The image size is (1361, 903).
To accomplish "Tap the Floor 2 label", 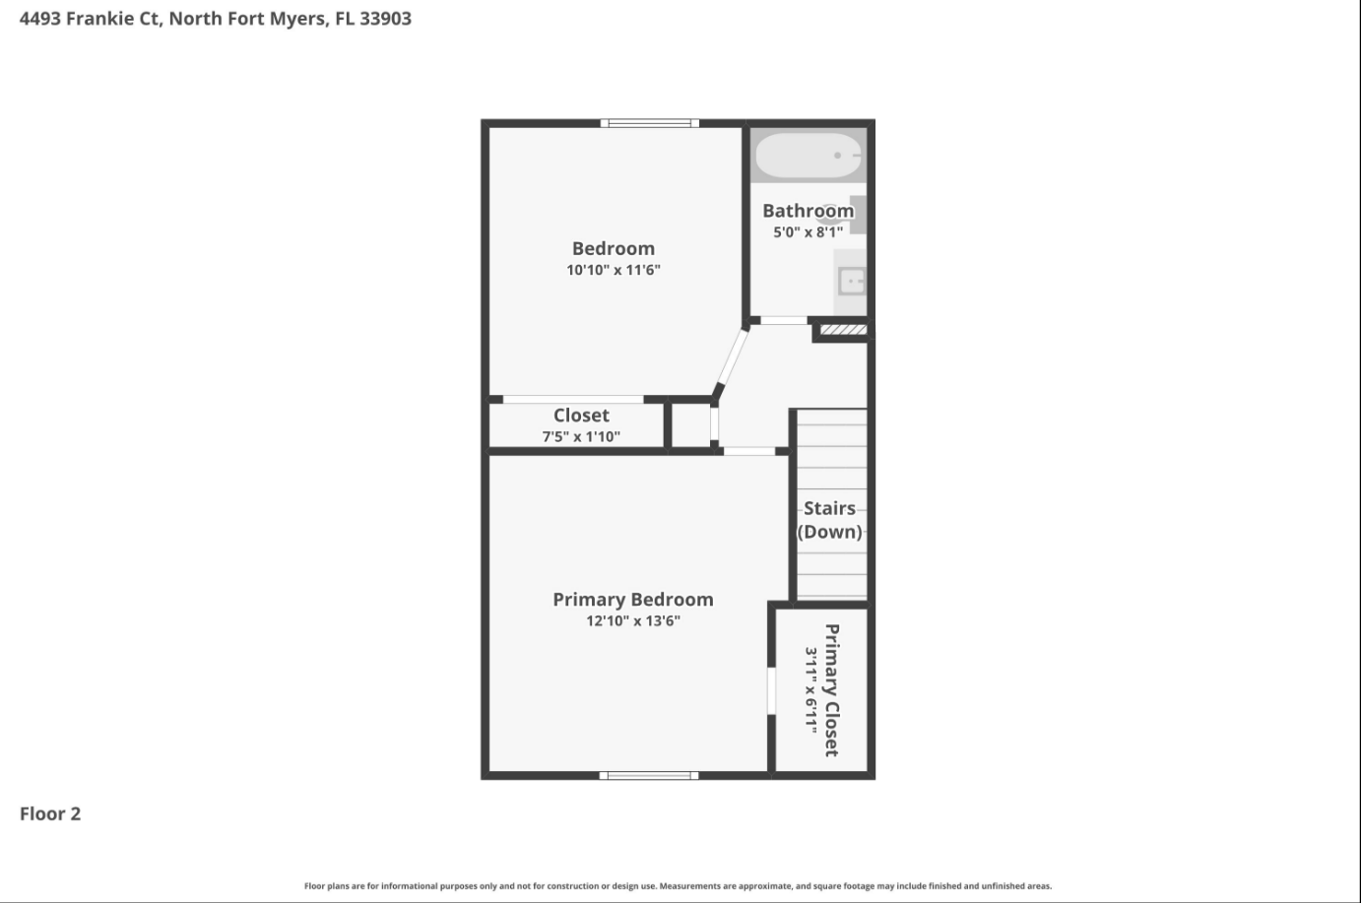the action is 50,813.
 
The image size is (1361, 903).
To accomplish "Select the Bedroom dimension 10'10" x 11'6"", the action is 614,270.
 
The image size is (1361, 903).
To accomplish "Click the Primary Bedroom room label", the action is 633,600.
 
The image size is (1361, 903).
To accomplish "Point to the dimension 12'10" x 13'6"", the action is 633,621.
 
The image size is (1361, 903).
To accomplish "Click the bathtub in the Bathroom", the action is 809,156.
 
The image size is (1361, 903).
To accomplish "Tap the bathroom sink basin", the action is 852,282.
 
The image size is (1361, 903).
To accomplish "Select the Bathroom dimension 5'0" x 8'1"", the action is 809,232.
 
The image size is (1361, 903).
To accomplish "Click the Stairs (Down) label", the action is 830,520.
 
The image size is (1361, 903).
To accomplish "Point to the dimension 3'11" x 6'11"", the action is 811,690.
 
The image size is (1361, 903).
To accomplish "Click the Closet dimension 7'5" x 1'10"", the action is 581,436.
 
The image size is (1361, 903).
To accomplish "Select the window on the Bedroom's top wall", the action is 650,123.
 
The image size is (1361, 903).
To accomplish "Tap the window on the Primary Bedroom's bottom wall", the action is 649,775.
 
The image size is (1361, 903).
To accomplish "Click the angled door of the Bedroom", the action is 732,356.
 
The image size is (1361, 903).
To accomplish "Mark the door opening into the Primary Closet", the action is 771,691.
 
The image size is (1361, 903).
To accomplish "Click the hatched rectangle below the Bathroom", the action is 843,330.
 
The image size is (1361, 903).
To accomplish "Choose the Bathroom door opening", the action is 784,320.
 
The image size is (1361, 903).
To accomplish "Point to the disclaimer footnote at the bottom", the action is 679,886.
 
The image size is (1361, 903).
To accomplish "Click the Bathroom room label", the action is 809,211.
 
